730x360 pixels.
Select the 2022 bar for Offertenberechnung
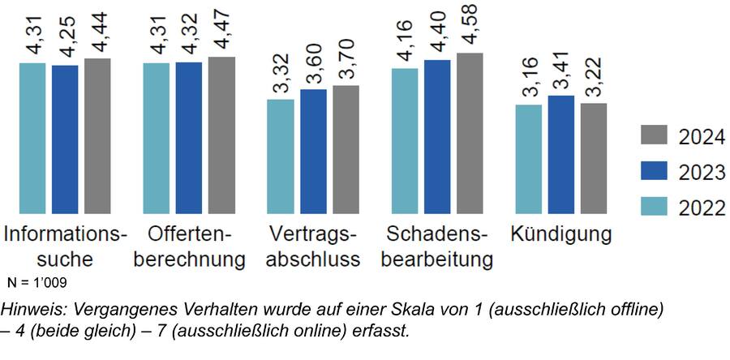pyautogui.click(x=157, y=139)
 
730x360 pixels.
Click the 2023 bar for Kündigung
pyautogui.click(x=560, y=155)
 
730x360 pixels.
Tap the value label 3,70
pyautogui.click(x=346, y=61)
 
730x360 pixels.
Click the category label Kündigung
pyautogui.click(x=560, y=235)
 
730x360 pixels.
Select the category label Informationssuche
pyautogui.click(x=65, y=247)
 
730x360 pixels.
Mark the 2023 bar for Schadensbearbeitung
pyautogui.click(x=438, y=137)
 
